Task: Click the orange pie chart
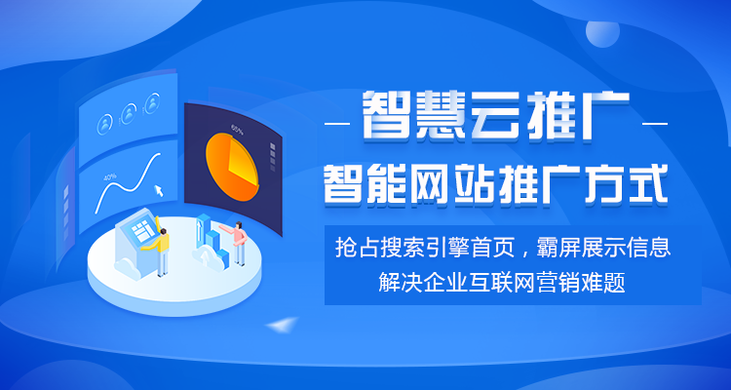232,167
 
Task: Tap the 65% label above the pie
237,129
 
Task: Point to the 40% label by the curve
110,177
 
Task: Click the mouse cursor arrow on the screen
159,190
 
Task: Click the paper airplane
282,325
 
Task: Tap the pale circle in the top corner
602,33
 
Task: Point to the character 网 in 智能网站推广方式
422,185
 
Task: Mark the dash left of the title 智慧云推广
337,124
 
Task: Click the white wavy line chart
128,183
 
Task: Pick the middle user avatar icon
129,114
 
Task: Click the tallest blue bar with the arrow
203,230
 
